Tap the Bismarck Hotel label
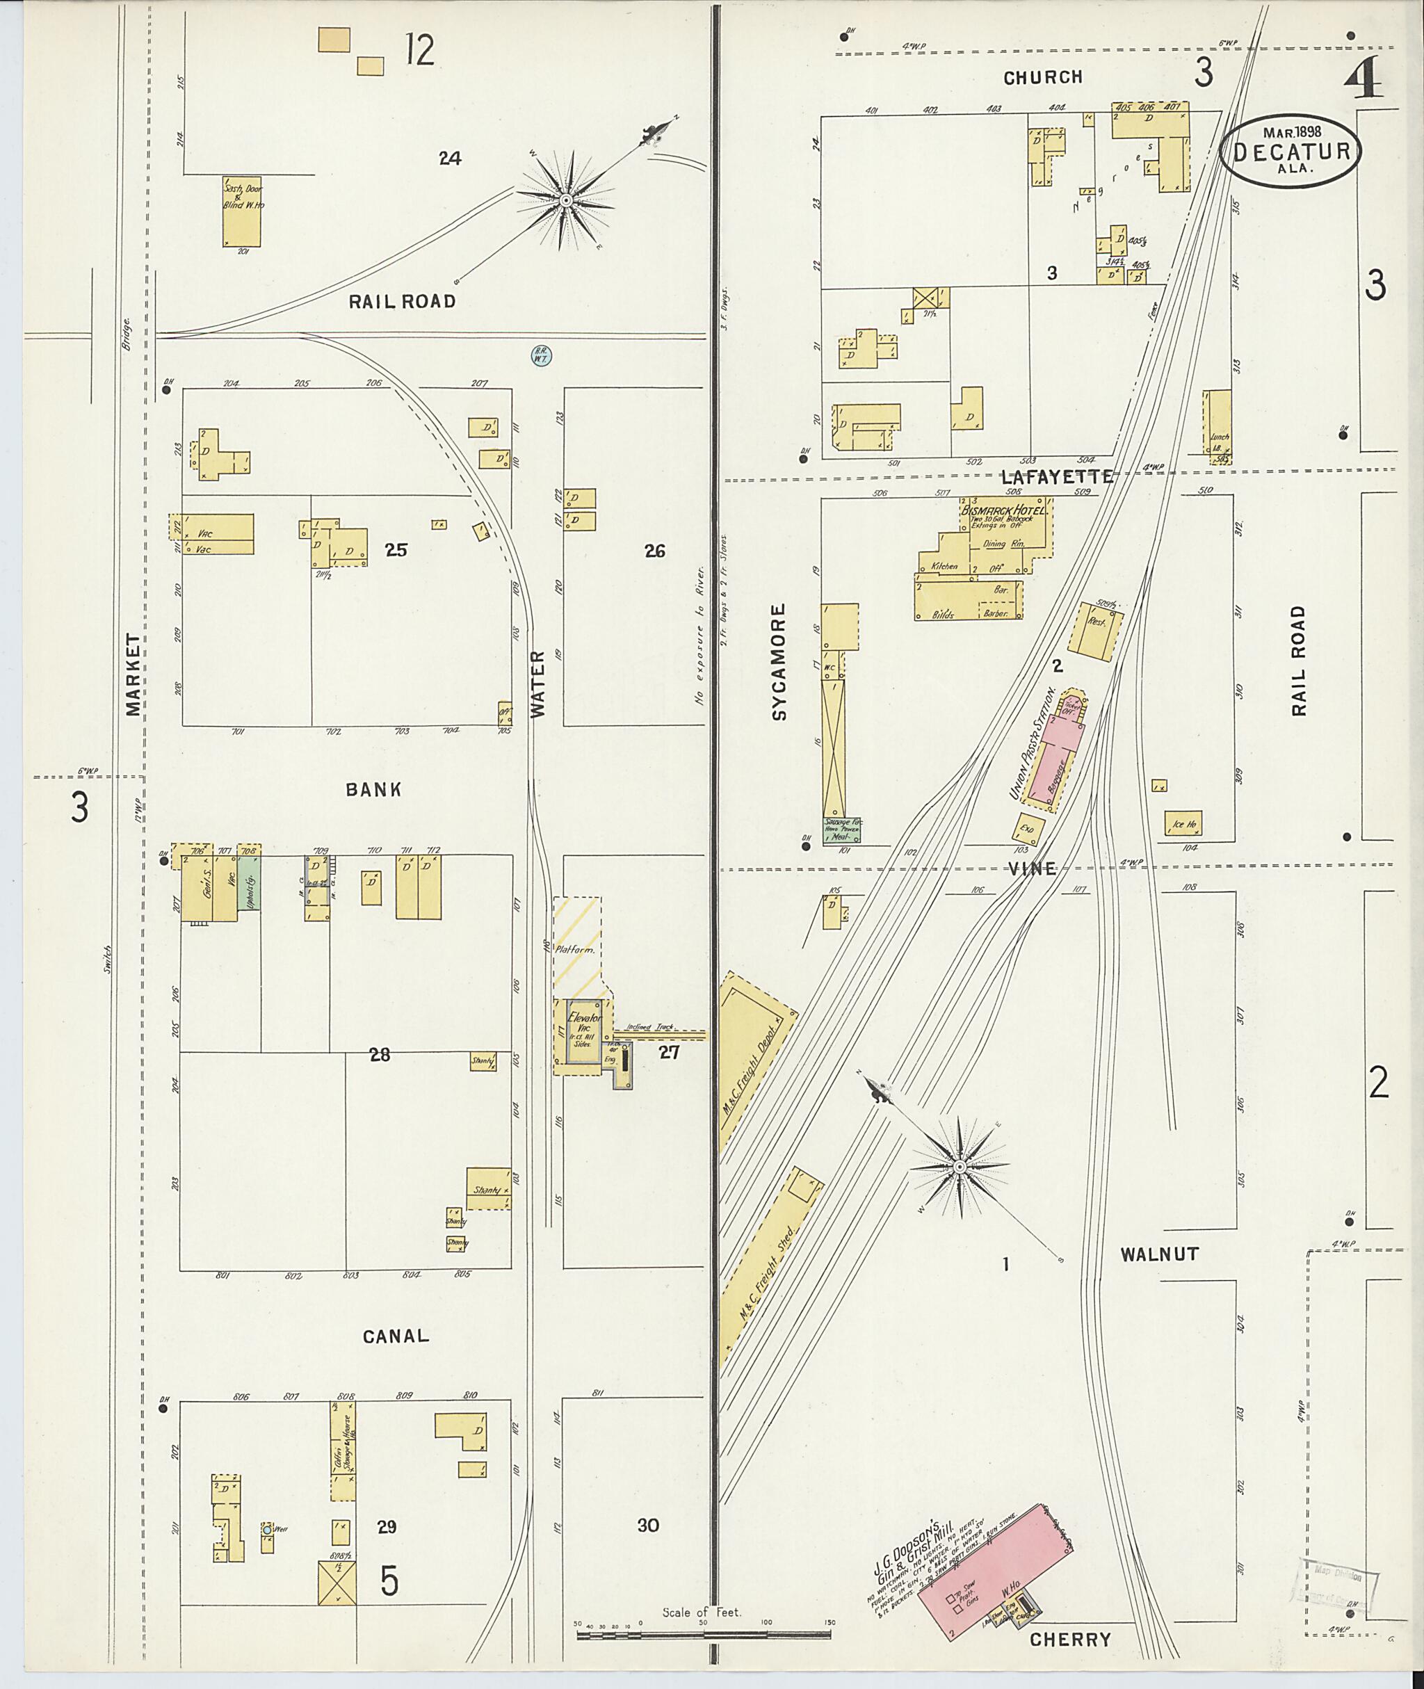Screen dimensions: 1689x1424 (1005, 511)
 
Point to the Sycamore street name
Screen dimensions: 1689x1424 (778, 661)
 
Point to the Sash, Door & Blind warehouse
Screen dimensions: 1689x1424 (242, 211)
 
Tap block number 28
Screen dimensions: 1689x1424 (380, 1053)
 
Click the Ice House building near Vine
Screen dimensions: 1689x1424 (1183, 823)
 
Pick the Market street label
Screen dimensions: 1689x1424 (133, 674)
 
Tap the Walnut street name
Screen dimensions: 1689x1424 (1159, 1254)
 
